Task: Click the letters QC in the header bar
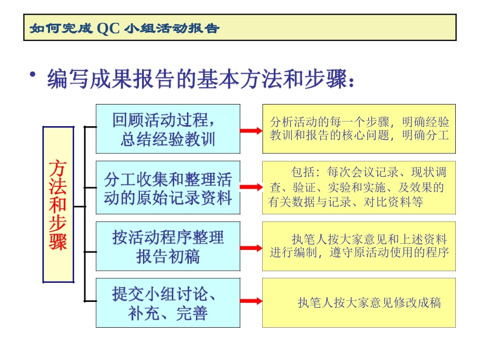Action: (108, 28)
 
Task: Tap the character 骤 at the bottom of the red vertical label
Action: (58, 240)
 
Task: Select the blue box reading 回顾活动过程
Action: (168, 129)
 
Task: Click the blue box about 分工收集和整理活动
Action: (168, 188)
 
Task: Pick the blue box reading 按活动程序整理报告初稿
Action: (168, 246)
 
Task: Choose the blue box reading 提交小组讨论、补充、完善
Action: (168, 303)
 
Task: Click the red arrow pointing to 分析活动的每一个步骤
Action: (251, 130)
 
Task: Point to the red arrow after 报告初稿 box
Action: (251, 248)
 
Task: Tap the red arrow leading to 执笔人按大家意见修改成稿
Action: (251, 301)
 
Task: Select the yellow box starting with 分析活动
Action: (359, 129)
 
